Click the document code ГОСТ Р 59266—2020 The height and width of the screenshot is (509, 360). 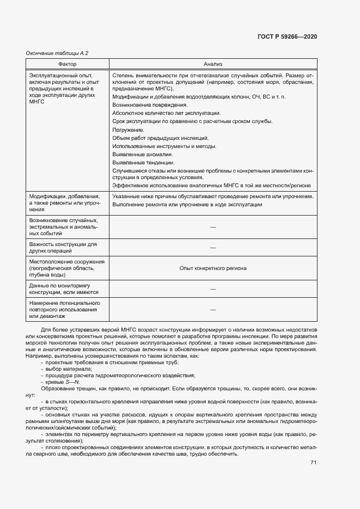286,36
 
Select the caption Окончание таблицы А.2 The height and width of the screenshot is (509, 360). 57,53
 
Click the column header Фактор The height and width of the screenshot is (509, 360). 67,64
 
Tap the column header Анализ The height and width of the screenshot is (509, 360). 213,64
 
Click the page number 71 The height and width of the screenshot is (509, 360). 313,463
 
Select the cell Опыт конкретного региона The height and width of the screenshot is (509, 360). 213,268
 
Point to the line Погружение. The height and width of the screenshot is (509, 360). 128,130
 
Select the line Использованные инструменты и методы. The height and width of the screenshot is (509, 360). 164,146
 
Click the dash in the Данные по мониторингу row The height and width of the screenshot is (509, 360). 213,289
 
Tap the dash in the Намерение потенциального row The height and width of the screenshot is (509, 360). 213,309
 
